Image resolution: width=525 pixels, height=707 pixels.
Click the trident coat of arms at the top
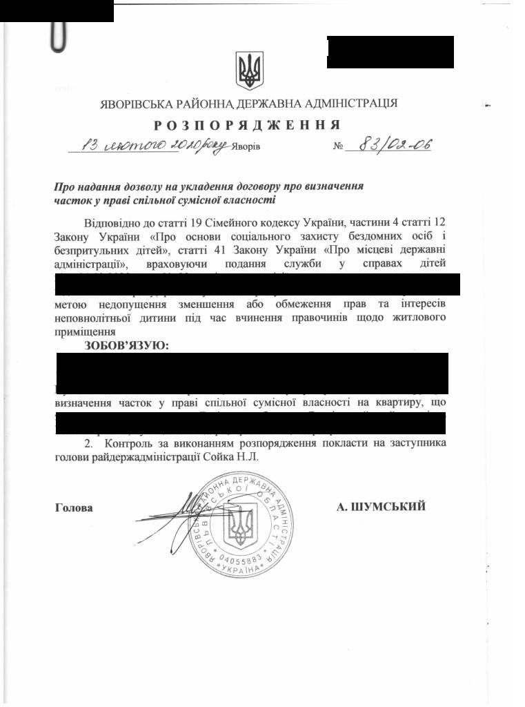click(x=249, y=70)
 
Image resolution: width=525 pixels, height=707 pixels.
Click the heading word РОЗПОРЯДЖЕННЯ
click(x=246, y=125)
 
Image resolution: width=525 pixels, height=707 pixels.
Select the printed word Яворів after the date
click(x=246, y=147)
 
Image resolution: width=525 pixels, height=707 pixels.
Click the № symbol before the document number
click(x=339, y=147)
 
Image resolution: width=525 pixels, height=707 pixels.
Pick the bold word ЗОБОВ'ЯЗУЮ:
click(x=126, y=345)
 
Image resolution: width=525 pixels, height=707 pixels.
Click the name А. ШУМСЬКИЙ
click(x=381, y=507)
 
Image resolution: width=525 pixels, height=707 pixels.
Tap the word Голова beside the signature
click(x=74, y=508)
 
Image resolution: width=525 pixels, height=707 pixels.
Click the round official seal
click(x=242, y=525)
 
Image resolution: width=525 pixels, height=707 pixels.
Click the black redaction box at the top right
click(x=390, y=52)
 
